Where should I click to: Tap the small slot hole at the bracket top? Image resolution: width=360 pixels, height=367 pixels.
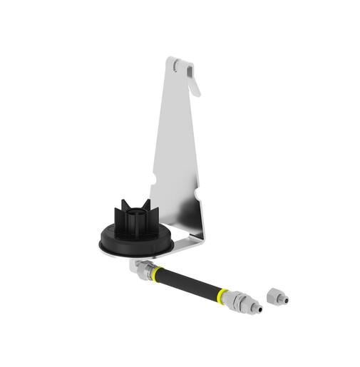(x=175, y=65)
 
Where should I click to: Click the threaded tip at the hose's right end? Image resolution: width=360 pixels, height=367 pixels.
(x=257, y=309)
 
